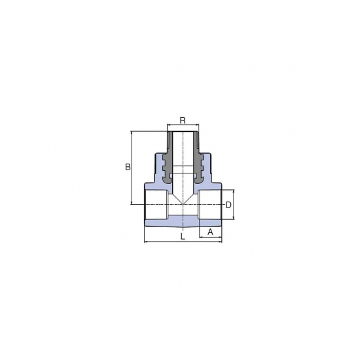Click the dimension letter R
183,120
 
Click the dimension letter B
128,167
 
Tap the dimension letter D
228,205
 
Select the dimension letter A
210,232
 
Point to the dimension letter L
183,236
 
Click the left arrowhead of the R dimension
169,125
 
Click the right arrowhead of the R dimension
197,125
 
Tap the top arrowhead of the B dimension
132,133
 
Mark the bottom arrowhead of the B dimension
132,202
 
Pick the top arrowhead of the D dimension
234,192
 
